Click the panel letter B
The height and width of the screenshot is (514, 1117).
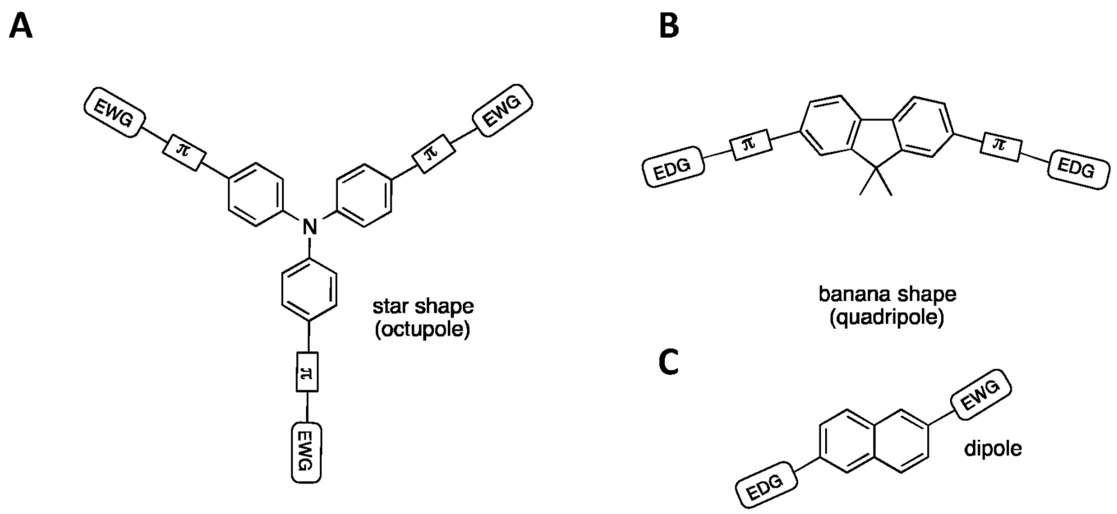[669, 26]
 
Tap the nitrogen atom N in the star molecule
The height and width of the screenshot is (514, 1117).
[310, 226]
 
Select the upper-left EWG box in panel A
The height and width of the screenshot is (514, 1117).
[114, 113]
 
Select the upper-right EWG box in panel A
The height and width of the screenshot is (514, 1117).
[503, 111]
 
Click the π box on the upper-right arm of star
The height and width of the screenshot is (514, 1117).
[433, 153]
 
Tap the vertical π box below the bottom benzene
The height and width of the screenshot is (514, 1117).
[307, 372]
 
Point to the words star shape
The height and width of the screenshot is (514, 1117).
[423, 306]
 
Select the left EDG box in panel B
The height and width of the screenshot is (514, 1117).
[673, 167]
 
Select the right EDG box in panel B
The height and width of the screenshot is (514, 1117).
[1078, 170]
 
